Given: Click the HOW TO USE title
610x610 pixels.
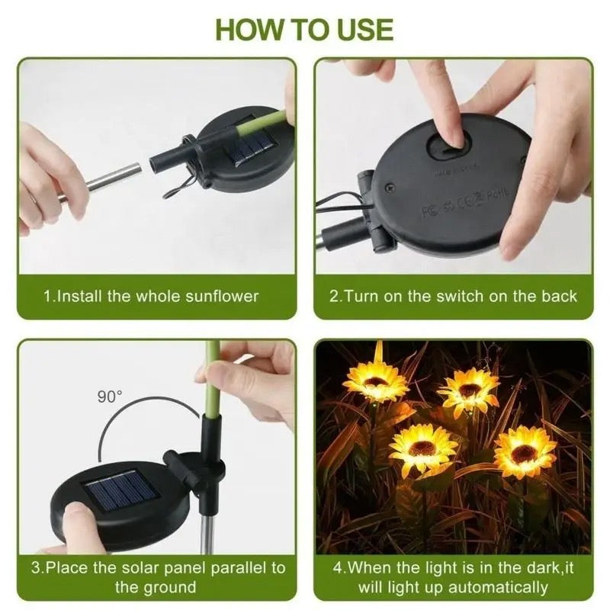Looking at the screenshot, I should tap(305, 29).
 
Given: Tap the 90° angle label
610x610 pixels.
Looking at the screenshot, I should tap(109, 396).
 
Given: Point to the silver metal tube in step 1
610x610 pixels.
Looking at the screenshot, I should tap(114, 180).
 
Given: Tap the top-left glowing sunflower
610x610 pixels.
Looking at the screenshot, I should tap(375, 379).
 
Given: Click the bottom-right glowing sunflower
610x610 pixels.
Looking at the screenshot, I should tap(525, 451).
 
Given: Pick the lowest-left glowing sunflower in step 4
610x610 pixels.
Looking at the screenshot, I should tap(422, 448).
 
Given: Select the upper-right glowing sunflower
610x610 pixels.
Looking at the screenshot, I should tap(469, 390).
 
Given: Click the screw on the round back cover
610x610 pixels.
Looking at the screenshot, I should tap(390, 185).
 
